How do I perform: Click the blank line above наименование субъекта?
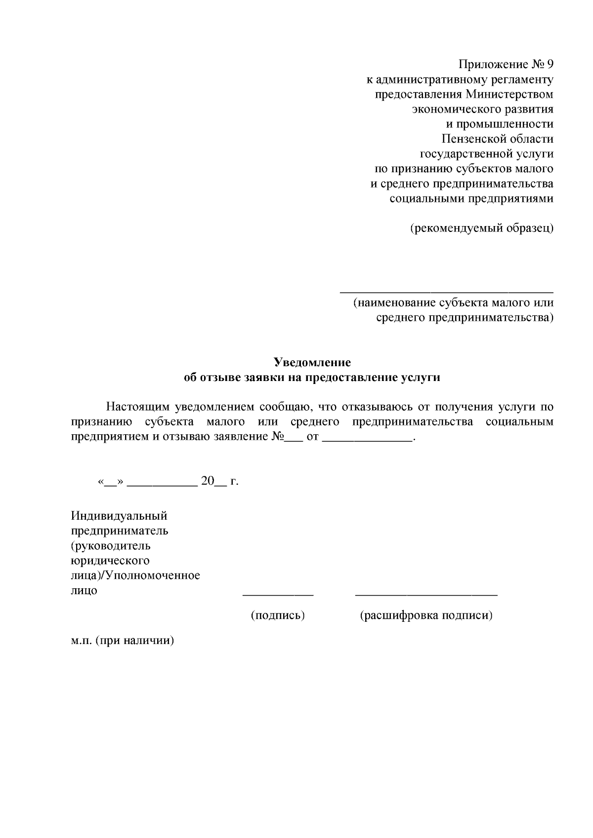447,292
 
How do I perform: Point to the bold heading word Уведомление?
312,363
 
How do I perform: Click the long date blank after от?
367,440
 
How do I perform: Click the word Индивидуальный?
119,516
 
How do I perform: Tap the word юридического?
110,561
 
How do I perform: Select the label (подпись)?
278,615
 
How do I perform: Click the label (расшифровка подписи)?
426,615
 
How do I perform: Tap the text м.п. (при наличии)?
123,641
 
